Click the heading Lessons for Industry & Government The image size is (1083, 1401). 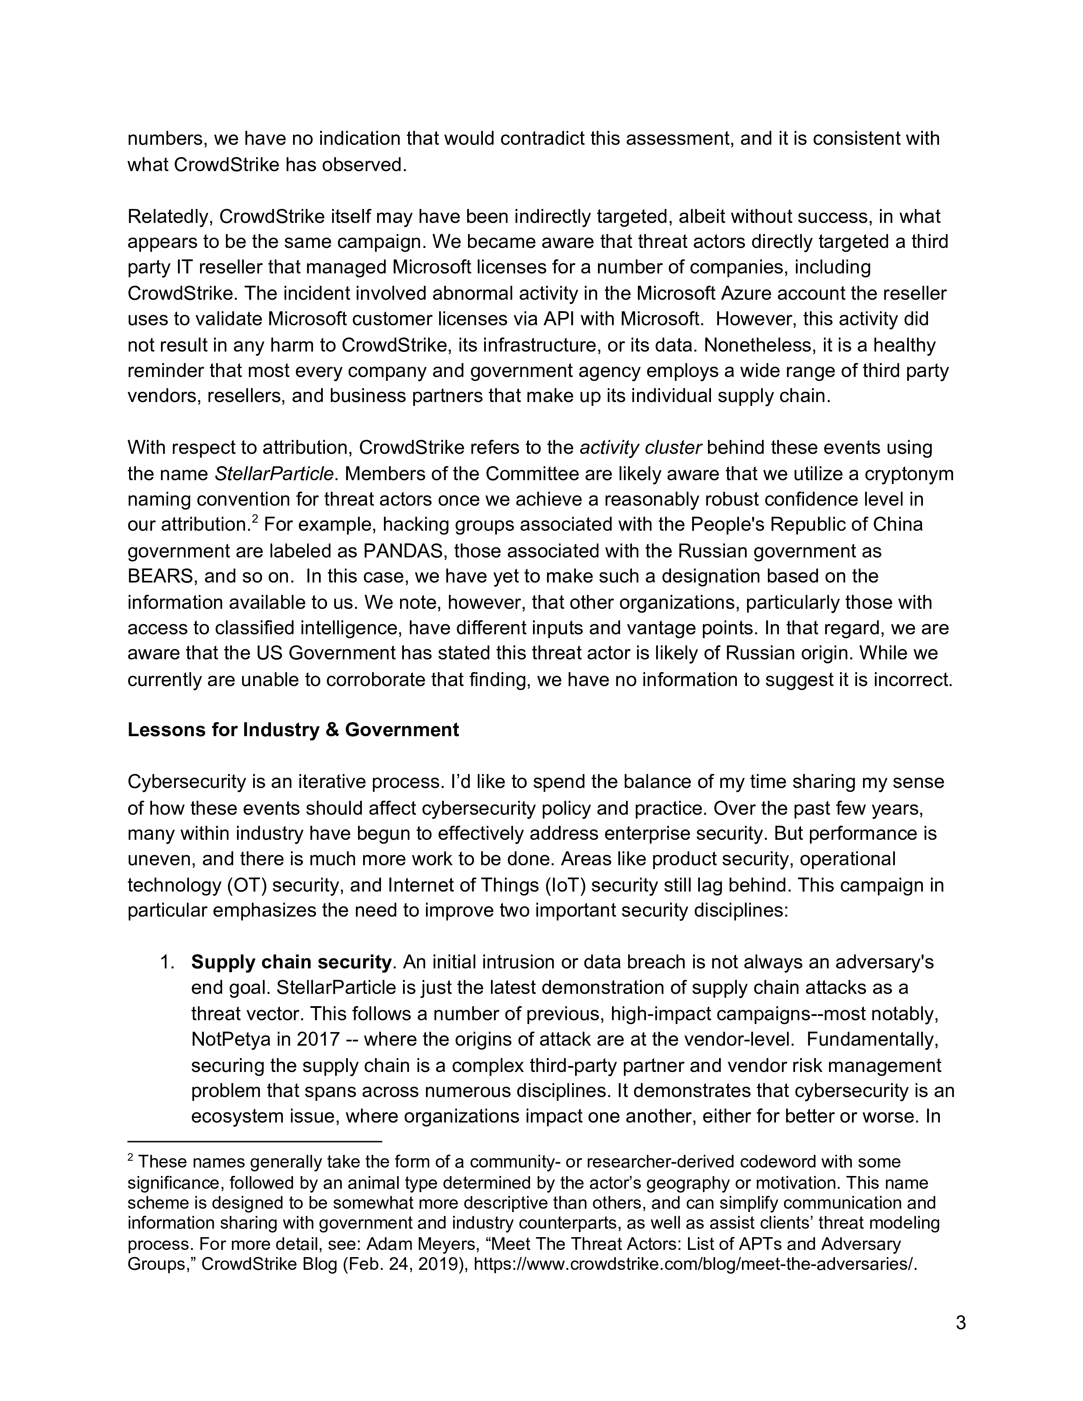click(293, 730)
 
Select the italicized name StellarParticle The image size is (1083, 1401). click(274, 474)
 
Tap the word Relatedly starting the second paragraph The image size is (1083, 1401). click(168, 217)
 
